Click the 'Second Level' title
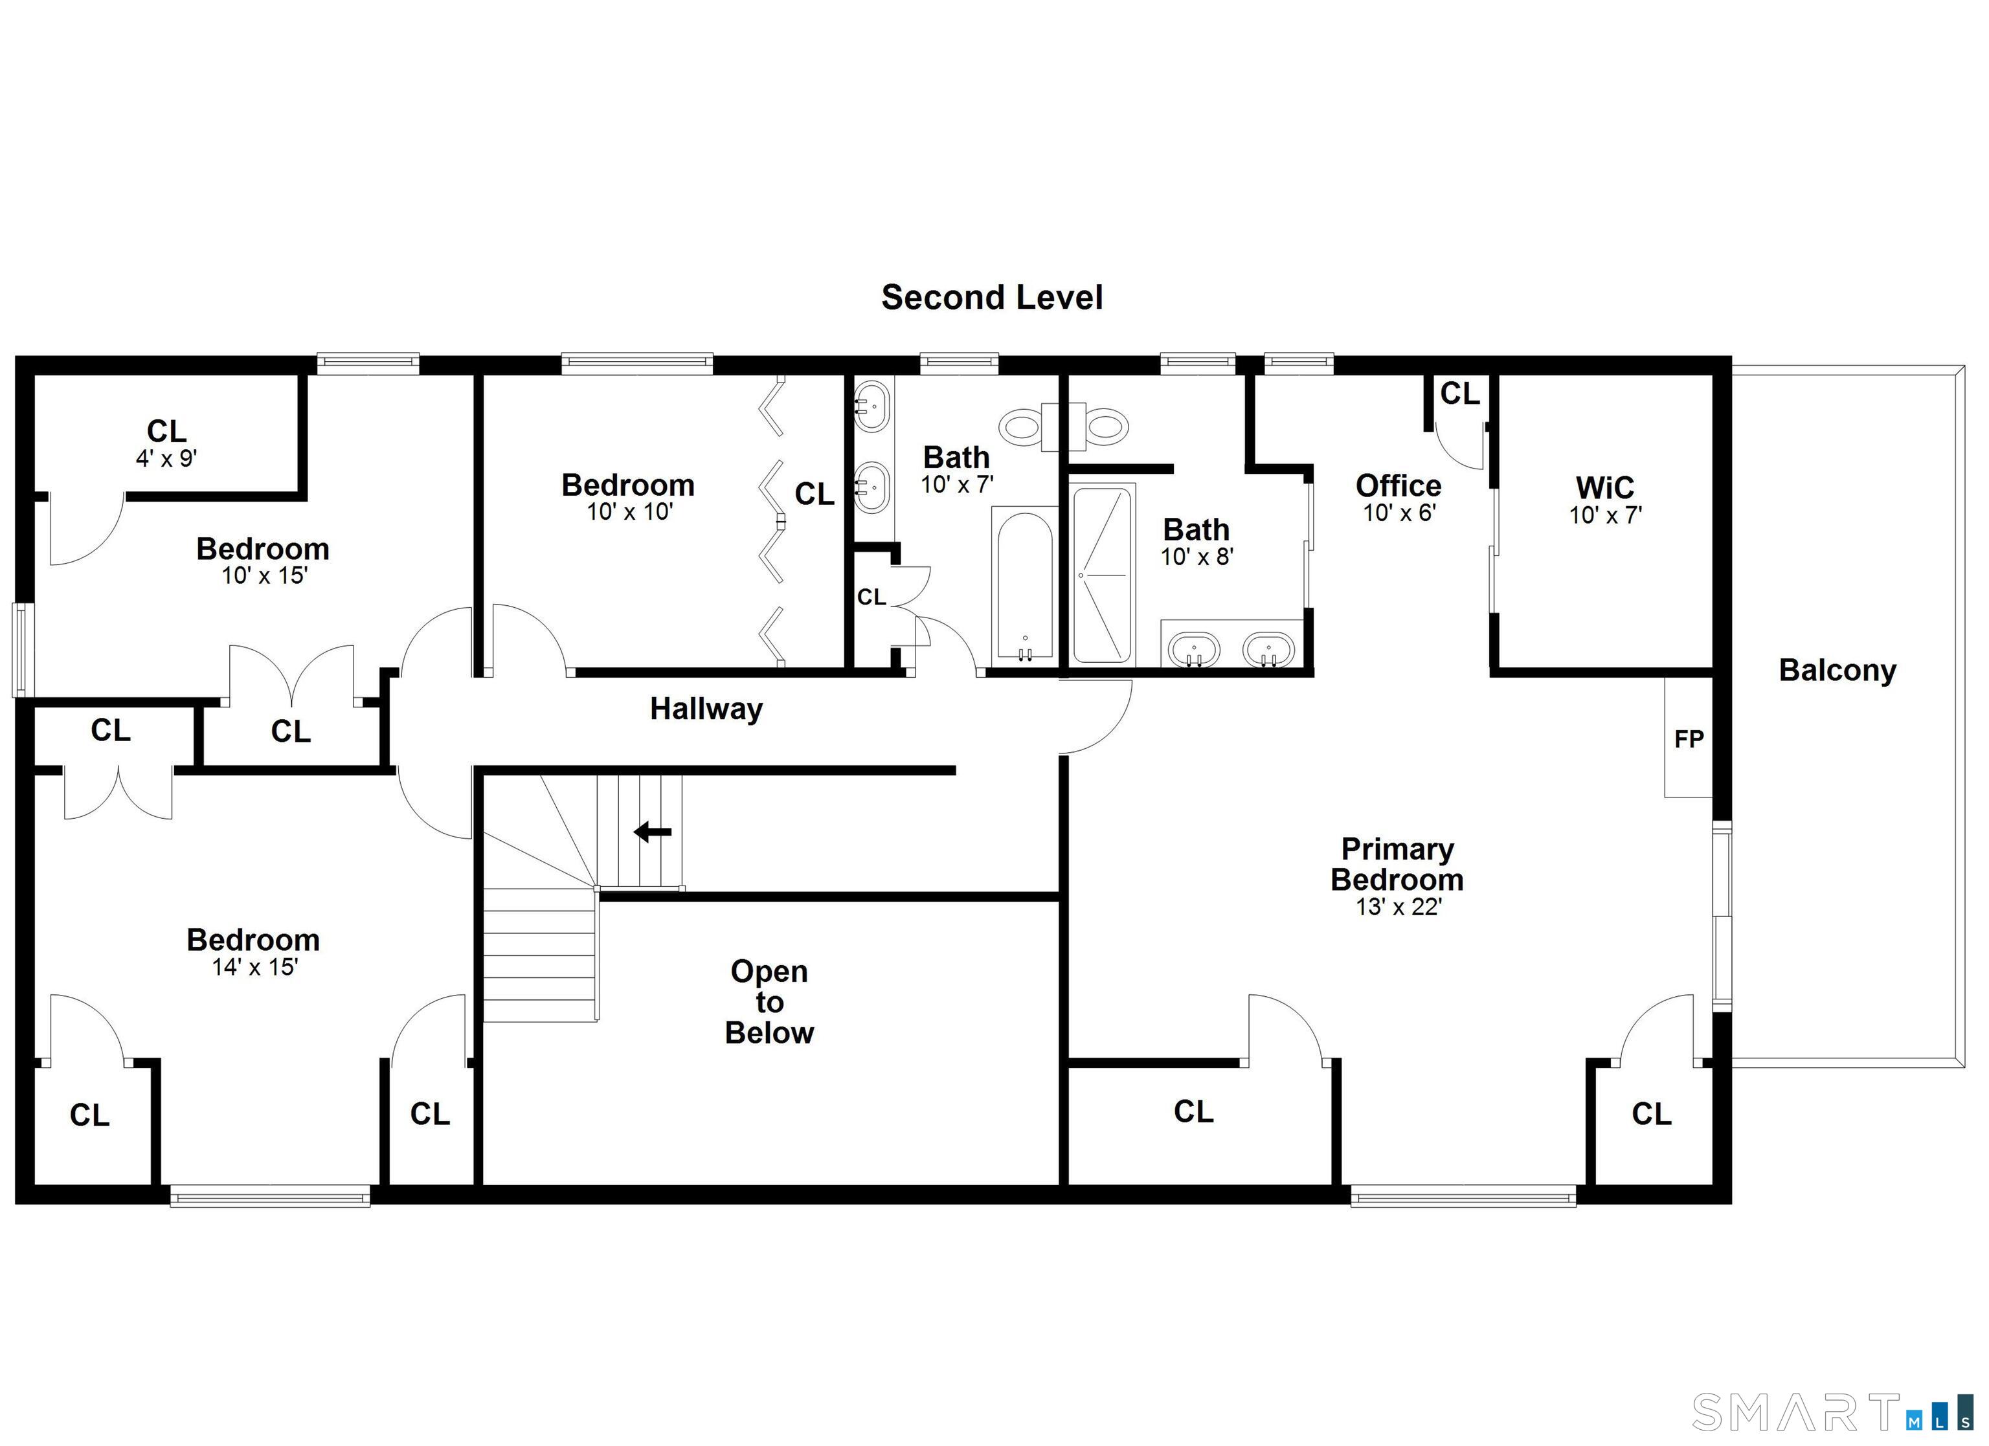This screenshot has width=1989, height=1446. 992,297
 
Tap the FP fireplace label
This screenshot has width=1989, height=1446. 1688,739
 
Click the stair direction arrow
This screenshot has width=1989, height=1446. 653,831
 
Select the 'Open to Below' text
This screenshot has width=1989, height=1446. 769,1001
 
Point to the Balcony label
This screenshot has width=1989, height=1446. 1837,670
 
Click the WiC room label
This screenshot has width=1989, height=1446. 1605,487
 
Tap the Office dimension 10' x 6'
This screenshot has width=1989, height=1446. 1399,513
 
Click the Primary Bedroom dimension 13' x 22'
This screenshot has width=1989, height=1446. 1399,907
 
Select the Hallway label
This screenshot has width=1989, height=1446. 706,709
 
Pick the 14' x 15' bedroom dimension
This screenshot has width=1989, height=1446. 254,966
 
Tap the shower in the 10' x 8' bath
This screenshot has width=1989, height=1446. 1103,574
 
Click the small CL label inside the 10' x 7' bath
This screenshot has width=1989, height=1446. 871,597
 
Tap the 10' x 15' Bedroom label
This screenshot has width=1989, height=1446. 262,549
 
